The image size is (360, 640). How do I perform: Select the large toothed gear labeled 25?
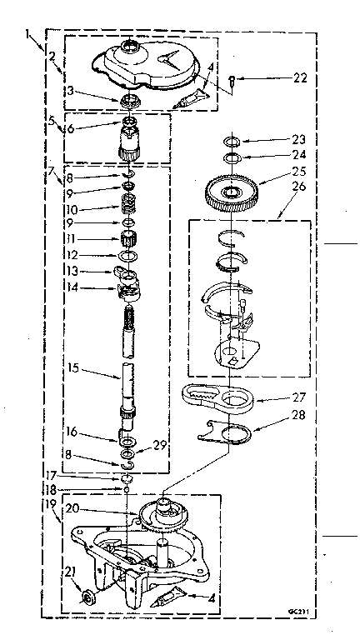pos(231,191)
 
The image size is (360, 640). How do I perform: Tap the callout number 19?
pos(51,504)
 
